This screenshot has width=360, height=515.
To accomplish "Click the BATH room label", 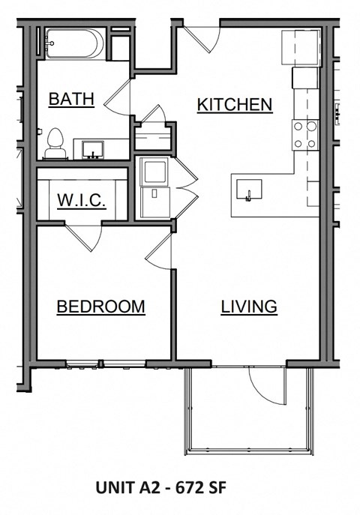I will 70,99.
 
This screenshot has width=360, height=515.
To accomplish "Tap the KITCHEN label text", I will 234,105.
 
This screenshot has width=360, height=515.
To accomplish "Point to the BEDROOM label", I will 100,307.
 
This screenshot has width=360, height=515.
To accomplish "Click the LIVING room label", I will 249,307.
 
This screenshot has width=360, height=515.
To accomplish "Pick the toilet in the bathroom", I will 54,144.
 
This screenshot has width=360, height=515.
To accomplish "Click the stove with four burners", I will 305,135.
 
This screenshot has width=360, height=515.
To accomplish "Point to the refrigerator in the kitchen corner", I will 301,48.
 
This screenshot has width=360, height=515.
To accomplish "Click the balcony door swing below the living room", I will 266,383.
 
